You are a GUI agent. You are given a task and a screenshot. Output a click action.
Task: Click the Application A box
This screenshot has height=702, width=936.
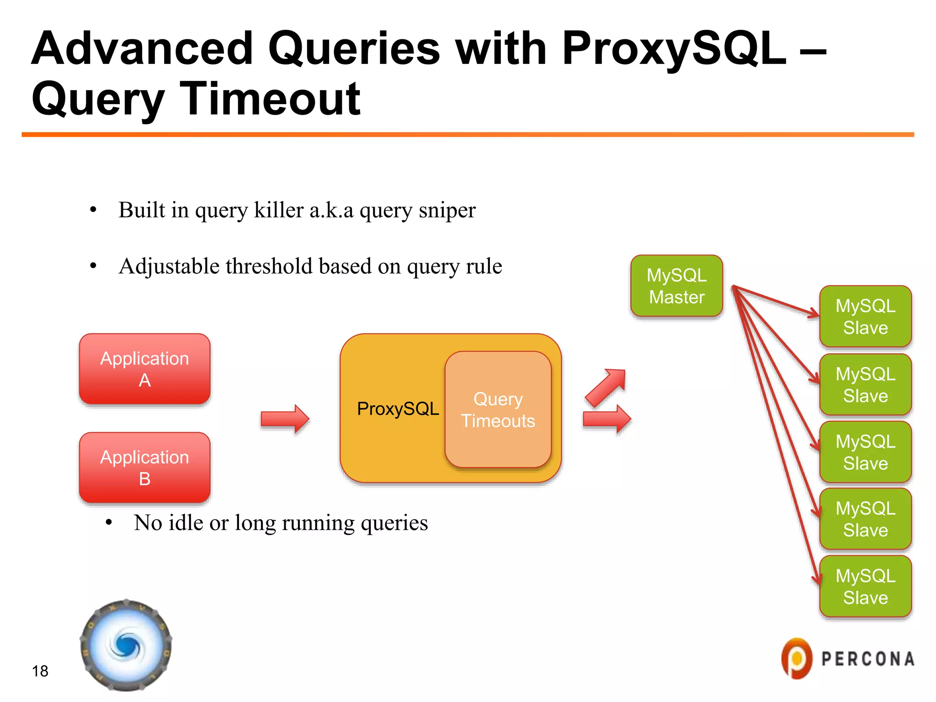[x=144, y=369]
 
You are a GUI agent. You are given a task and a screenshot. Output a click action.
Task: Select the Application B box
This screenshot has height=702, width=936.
[x=144, y=468]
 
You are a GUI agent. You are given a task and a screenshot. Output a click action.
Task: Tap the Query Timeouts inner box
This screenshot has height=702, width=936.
[x=498, y=409]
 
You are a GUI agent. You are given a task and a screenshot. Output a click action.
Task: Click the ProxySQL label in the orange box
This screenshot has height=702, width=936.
[x=398, y=409]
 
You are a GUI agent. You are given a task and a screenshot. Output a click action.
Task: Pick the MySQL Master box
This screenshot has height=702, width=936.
[x=676, y=286]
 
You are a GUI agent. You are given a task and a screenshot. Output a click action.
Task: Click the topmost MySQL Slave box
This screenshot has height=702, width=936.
[x=865, y=316]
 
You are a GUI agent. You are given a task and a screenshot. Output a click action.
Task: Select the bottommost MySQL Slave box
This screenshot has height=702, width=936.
[x=865, y=586]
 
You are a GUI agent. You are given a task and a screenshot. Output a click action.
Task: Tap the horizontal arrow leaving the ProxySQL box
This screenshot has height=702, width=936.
[x=607, y=419]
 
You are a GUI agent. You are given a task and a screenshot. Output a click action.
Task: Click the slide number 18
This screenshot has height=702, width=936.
[x=40, y=671]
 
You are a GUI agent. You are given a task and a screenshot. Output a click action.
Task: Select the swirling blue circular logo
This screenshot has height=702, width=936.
[x=126, y=645]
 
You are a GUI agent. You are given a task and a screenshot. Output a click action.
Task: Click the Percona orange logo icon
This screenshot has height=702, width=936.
[x=797, y=659]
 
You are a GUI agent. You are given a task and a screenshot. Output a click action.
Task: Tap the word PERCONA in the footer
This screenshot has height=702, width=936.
[x=868, y=659]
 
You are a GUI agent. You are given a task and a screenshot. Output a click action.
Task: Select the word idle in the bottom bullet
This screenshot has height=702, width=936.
[x=186, y=522]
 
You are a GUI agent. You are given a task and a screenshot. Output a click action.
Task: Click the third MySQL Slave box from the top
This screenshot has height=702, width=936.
[x=865, y=452]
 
